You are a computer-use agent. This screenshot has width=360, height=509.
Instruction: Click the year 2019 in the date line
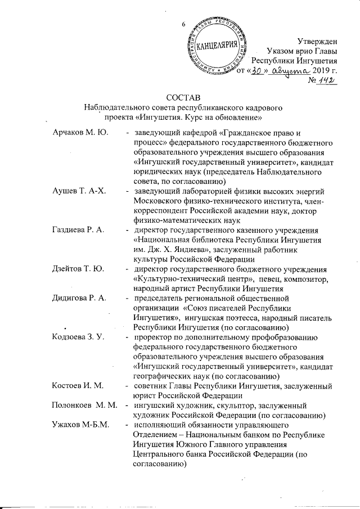[x=316, y=71]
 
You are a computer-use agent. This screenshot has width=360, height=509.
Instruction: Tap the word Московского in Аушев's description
[x=157, y=201]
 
